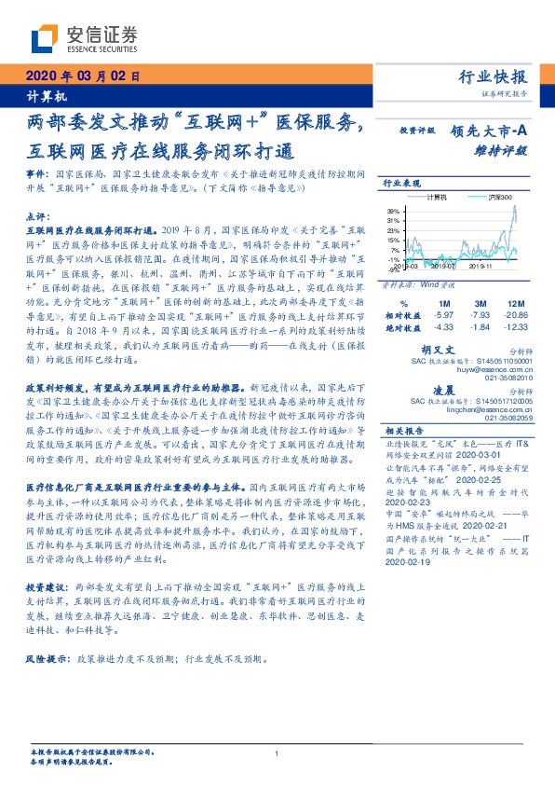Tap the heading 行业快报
click(494, 77)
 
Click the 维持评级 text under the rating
click(508, 150)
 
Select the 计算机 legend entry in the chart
click(436, 199)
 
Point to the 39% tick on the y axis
click(395, 211)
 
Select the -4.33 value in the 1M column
click(443, 328)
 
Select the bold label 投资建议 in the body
click(45, 589)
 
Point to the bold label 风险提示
click(45, 658)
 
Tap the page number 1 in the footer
click(277, 753)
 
